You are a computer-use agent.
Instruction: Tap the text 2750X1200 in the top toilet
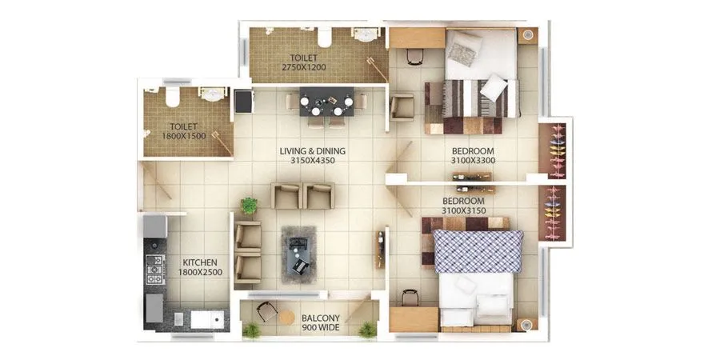tap(303, 68)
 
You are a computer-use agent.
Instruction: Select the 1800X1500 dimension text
tap(182, 136)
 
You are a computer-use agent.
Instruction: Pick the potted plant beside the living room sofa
tap(250, 206)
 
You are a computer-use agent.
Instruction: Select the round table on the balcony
tap(286, 318)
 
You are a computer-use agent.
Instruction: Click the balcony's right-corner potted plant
tap(368, 329)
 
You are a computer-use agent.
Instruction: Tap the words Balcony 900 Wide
tap(318, 323)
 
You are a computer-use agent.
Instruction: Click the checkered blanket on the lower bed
tap(477, 251)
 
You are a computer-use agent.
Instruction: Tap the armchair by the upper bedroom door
tap(402, 106)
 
